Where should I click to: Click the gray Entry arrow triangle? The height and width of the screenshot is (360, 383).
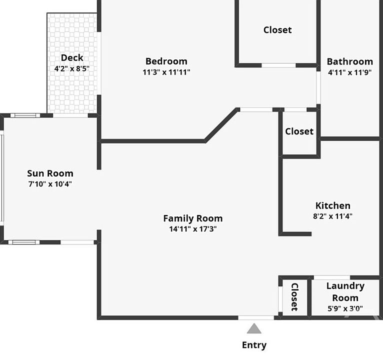(x=254, y=328)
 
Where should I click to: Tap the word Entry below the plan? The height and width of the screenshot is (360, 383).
(x=254, y=345)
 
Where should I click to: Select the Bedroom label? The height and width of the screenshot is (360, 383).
(x=166, y=61)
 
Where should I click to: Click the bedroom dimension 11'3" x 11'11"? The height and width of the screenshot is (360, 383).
(x=166, y=72)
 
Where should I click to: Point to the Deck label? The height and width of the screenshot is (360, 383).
(x=72, y=57)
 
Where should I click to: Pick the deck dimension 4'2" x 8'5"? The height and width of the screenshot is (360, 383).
(x=72, y=68)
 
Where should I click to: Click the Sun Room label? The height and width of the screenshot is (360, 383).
(x=50, y=173)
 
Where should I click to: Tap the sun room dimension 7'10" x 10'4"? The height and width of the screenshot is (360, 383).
(x=50, y=184)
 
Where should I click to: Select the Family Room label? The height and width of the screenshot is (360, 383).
(x=193, y=218)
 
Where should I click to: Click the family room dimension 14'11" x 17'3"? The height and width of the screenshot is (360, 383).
(x=193, y=229)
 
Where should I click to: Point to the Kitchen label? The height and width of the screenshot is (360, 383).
(x=333, y=205)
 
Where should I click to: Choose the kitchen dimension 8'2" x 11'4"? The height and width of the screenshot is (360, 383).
(x=333, y=216)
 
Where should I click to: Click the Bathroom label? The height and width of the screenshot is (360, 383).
(x=350, y=61)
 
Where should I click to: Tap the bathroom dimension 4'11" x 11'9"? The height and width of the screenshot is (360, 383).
(x=350, y=72)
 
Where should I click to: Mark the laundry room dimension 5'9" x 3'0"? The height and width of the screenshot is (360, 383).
(x=345, y=308)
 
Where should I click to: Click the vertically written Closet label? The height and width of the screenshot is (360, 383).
(x=295, y=297)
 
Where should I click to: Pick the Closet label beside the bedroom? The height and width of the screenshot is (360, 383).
(x=277, y=30)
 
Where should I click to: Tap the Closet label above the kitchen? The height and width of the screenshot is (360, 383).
(x=299, y=131)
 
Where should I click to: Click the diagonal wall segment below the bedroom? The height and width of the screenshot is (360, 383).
(x=221, y=125)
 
